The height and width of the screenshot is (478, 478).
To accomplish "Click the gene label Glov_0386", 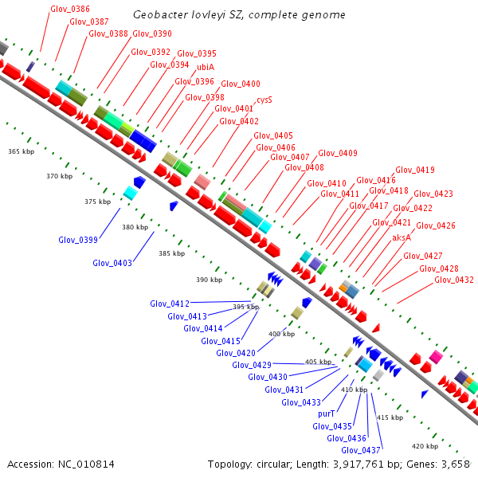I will pyautogui.click(x=69, y=9).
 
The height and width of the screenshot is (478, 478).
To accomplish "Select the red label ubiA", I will pyautogui.click(x=206, y=67).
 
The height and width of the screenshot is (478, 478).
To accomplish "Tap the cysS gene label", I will pyautogui.click(x=264, y=100).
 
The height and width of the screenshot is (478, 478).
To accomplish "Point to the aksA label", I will pyautogui.click(x=402, y=237).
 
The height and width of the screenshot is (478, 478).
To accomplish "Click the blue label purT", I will pyautogui.click(x=326, y=414).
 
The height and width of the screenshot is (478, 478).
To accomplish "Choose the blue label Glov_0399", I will pyautogui.click(x=78, y=240).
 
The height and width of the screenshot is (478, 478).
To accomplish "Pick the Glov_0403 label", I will pyautogui.click(x=112, y=262).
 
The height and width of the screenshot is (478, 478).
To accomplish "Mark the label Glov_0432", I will pyautogui.click(x=454, y=280).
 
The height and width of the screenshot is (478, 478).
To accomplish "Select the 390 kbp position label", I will pyautogui.click(x=209, y=280).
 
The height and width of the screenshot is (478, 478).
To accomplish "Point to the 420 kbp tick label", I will pyautogui.click(x=425, y=446).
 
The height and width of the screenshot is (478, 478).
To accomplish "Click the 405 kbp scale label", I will pyautogui.click(x=318, y=362).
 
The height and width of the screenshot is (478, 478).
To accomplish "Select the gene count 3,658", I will pyautogui.click(x=455, y=464).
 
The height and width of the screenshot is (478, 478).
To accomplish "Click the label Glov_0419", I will pyautogui.click(x=415, y=170).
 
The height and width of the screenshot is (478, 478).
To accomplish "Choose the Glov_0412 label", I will pyautogui.click(x=170, y=304).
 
